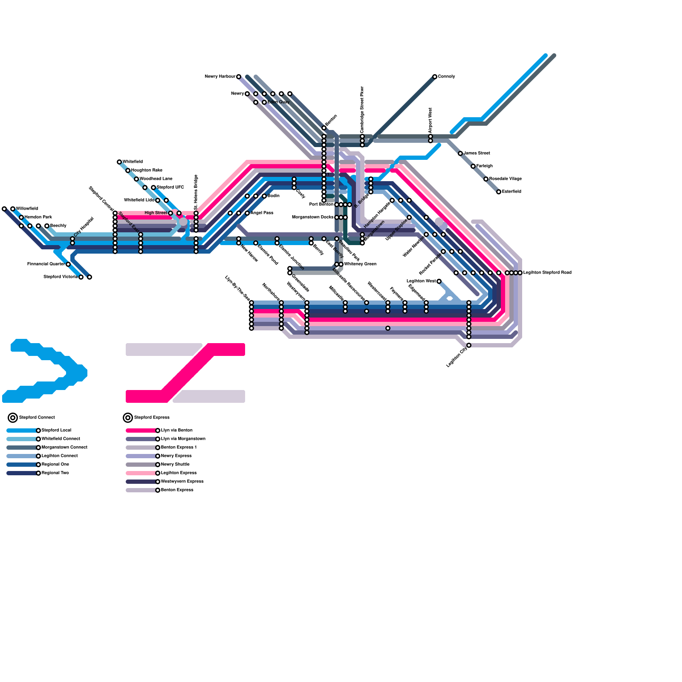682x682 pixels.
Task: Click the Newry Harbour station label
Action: [x=220, y=77]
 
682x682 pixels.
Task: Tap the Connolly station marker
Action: [x=434, y=77]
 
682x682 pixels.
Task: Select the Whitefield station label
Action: [x=133, y=162]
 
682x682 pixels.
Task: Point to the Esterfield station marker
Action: [x=498, y=192]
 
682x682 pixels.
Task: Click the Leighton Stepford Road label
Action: [x=547, y=273]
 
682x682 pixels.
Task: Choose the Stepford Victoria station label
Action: [x=60, y=277]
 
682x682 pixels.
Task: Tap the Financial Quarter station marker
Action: [x=68, y=264]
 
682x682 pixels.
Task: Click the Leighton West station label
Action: [x=421, y=281]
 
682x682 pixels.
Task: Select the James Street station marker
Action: [x=460, y=153]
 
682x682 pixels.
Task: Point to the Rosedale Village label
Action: [x=505, y=179]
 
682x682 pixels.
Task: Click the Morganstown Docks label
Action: [x=312, y=217]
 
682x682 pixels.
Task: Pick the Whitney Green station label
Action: [x=360, y=264]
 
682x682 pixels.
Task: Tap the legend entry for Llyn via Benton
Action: [x=176, y=431]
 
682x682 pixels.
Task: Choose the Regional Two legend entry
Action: [x=55, y=473]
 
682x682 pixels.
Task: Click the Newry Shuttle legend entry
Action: [x=175, y=465]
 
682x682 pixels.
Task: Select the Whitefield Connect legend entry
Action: [x=61, y=439]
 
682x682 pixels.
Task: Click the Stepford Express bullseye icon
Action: [x=128, y=418]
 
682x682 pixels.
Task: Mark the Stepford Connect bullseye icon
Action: [x=13, y=418]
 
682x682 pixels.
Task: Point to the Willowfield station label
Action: [x=27, y=209]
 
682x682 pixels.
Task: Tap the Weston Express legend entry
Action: [x=182, y=482]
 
